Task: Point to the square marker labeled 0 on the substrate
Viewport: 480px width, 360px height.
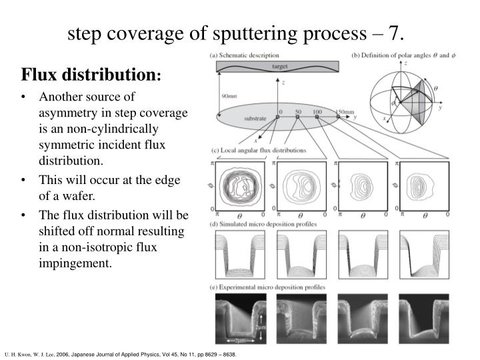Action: [278, 117]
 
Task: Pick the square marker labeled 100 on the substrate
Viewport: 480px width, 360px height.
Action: [317, 117]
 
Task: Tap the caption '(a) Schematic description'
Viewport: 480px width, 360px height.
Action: [244, 55]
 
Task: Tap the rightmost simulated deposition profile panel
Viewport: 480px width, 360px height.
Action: [425, 254]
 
